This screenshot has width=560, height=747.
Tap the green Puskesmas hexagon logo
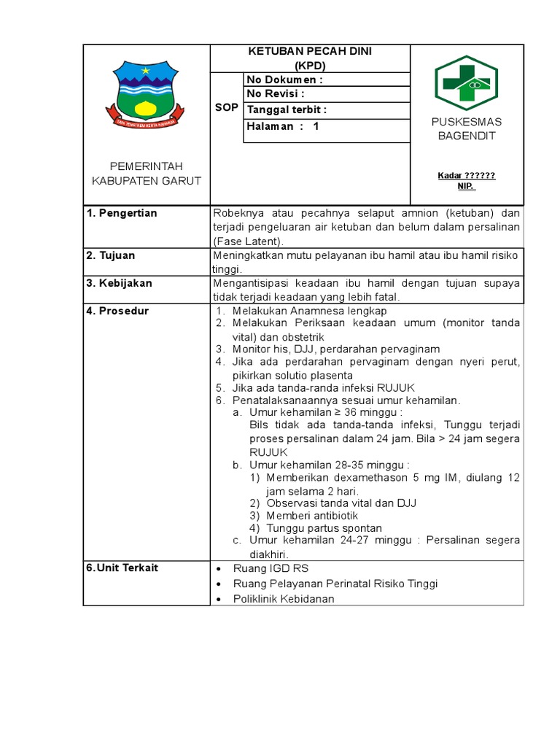[x=466, y=82]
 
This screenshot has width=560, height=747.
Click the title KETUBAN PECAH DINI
[x=311, y=52]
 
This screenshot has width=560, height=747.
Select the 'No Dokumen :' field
[x=284, y=80]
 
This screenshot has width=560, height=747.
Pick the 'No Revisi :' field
[x=276, y=94]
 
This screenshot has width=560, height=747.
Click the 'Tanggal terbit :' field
[x=287, y=110]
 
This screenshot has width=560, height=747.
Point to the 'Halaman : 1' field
[x=284, y=126]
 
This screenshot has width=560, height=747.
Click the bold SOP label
[x=226, y=107]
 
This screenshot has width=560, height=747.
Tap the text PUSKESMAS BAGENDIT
[x=466, y=128]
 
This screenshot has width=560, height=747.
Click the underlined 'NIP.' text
[x=466, y=186]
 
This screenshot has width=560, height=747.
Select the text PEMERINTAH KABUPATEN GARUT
[x=147, y=174]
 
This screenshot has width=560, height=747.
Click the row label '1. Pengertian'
[x=122, y=213]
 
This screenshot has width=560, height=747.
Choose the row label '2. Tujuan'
[x=111, y=255]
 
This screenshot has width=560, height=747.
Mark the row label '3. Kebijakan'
[x=119, y=283]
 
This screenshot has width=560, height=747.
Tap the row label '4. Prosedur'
[x=117, y=311]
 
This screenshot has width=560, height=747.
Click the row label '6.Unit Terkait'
[x=122, y=568]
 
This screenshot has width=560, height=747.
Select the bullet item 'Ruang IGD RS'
[x=265, y=568]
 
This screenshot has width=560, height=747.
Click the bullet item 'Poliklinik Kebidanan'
[x=284, y=599]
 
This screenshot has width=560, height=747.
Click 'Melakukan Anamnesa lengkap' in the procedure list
[x=309, y=311]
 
